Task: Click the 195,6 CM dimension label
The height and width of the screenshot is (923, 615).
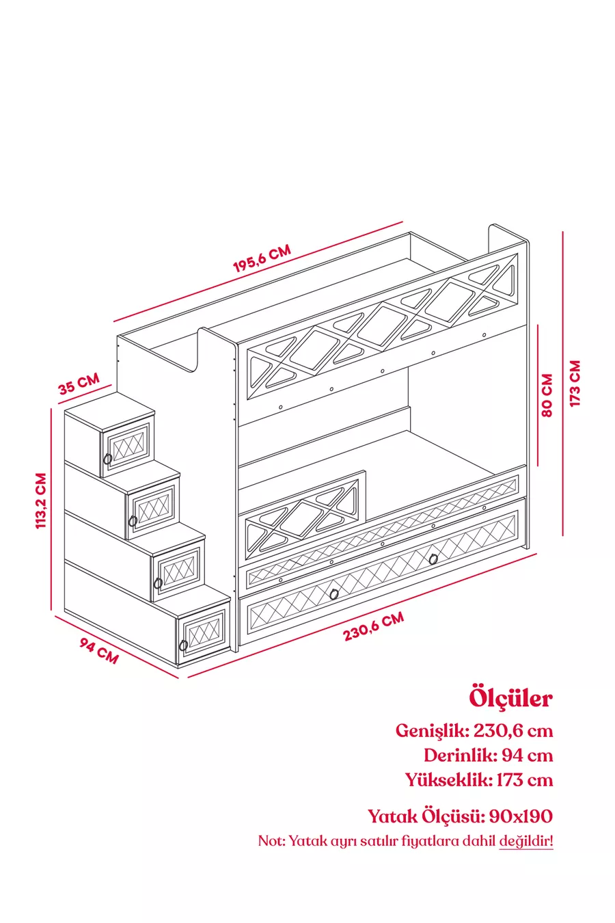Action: pos(262,258)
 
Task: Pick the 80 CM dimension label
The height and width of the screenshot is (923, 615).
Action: pos(547,394)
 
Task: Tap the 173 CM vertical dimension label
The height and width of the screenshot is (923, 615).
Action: pos(575,384)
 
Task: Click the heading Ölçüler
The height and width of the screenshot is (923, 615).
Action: pos(510,698)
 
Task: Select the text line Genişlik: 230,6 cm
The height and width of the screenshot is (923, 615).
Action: pos(474,730)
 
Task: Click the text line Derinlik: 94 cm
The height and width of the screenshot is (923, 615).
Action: pos(488,755)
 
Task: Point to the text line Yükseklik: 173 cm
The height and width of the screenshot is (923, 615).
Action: pos(478,780)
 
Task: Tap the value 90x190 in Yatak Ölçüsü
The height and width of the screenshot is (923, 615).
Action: pos(521,816)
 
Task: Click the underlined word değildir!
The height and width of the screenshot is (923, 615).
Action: pos(525,841)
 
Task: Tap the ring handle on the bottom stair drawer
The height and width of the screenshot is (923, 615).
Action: pos(183,645)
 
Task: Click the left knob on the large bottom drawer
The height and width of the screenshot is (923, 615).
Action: pos(333,593)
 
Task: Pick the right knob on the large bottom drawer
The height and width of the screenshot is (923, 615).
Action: pos(433,559)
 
